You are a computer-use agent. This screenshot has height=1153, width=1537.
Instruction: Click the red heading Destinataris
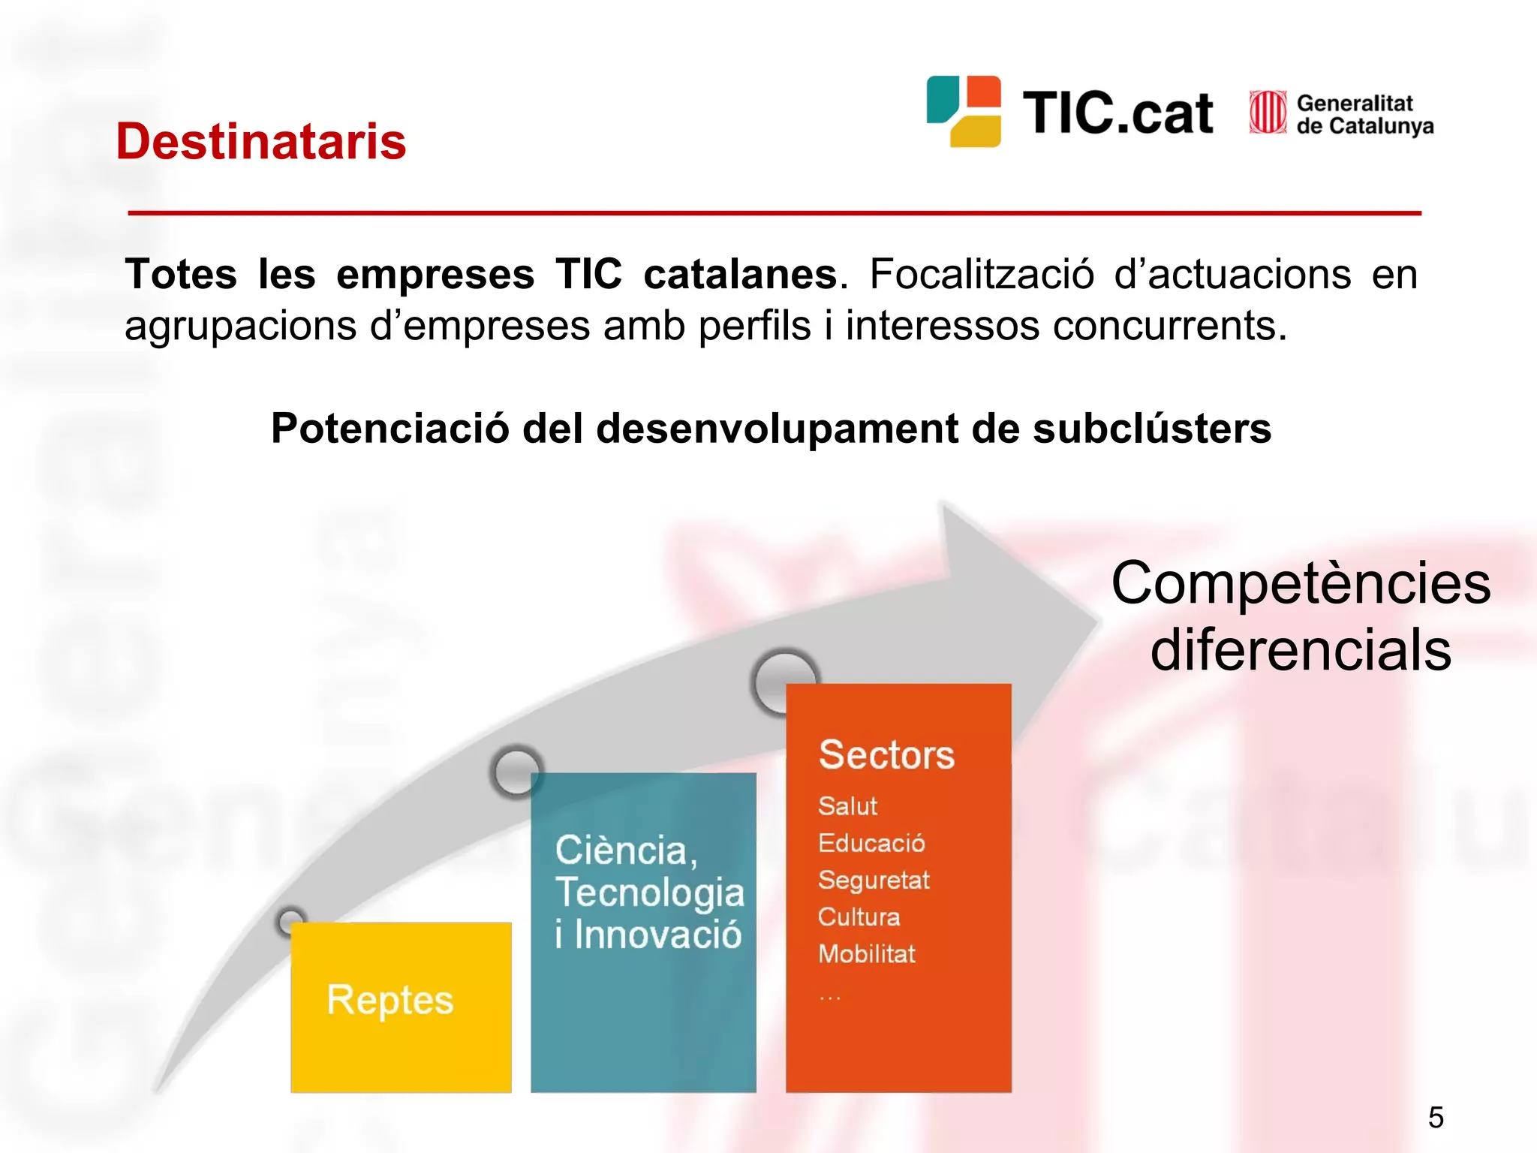coord(260,141)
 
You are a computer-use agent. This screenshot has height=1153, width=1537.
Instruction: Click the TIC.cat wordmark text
coord(1117,113)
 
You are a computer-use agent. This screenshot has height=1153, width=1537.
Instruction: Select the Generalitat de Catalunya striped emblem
coord(1268,113)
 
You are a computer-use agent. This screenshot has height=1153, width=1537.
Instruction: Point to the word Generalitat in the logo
coord(1354,103)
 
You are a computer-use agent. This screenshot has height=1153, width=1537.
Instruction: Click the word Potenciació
coord(390,429)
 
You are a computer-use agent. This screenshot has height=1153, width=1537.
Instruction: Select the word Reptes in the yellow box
coord(390,999)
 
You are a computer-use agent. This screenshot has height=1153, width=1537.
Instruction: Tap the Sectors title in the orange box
coord(886,754)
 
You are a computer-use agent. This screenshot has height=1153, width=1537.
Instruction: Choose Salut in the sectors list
coord(847,805)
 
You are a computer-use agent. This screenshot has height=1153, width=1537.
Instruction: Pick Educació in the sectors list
coord(871,843)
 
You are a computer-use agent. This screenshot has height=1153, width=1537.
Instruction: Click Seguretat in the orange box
coord(874,880)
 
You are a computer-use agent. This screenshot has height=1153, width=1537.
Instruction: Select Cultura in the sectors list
coord(859,917)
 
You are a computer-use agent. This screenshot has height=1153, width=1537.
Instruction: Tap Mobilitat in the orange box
coord(867,953)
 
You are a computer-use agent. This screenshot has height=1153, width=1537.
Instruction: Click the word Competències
coord(1300,583)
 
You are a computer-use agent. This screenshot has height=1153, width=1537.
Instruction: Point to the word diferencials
coord(1300,650)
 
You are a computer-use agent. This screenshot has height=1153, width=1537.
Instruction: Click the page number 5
coord(1436,1118)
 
